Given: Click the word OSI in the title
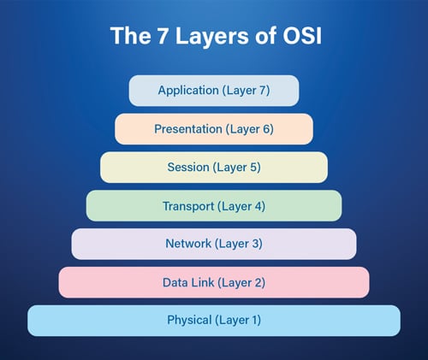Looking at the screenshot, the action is pos(302,36).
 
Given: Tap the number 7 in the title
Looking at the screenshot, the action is pos(163,36).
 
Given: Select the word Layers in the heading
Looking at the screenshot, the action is pos(212,38).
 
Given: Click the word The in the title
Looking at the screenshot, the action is pos(131,36).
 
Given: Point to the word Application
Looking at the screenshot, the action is pos(188,91).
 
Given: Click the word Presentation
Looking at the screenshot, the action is pos(188,129).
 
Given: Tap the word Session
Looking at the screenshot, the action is pos(188,167).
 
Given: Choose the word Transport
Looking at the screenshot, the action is pos(188,206).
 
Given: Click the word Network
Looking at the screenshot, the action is pos(188,244).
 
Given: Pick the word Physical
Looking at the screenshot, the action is pos(189,321).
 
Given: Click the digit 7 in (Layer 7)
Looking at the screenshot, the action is pos(263,90).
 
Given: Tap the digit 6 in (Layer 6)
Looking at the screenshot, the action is pos(266,129).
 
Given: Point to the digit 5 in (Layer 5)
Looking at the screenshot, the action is pos(253,167).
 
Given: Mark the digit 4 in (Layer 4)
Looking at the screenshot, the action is pos(258,206).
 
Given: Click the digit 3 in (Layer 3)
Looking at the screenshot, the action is pos(255,244).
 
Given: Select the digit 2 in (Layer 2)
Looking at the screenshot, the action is pos(258,282).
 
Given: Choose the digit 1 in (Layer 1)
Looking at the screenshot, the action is pos(253,320).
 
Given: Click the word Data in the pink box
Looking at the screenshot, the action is pos(175,282).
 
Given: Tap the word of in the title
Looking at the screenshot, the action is pos(265,36).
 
